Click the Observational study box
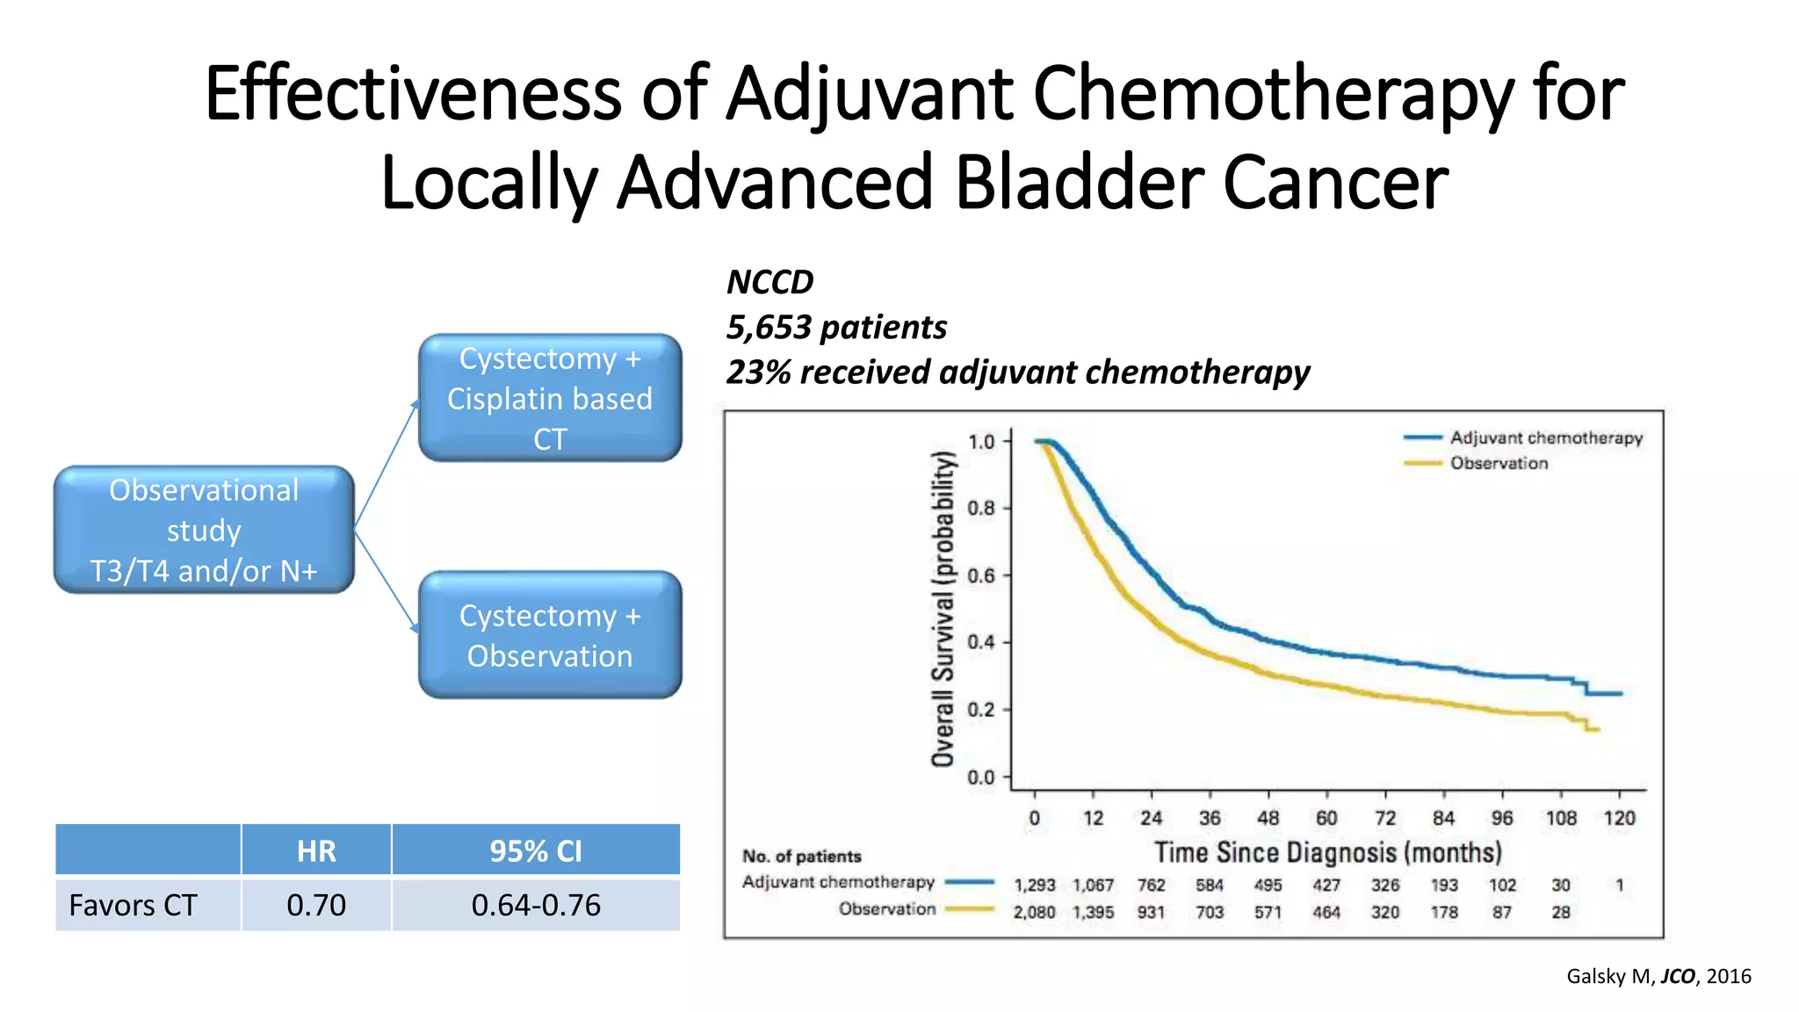(x=204, y=530)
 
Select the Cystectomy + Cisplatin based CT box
(x=550, y=398)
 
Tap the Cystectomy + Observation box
(x=550, y=635)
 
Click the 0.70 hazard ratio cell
(x=316, y=905)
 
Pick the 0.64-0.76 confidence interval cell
(x=536, y=905)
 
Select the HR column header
(x=316, y=850)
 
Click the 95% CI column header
(x=536, y=850)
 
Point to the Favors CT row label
(x=134, y=905)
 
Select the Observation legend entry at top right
(x=1499, y=463)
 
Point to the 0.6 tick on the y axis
(x=981, y=575)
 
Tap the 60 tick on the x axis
(x=1326, y=818)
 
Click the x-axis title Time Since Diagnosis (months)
(x=1327, y=852)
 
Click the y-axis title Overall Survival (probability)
(x=943, y=608)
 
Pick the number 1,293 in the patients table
(x=1034, y=885)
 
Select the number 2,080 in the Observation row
(x=1034, y=912)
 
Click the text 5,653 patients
(x=836, y=328)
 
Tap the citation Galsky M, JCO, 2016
(x=1658, y=976)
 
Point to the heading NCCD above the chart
(x=769, y=282)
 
